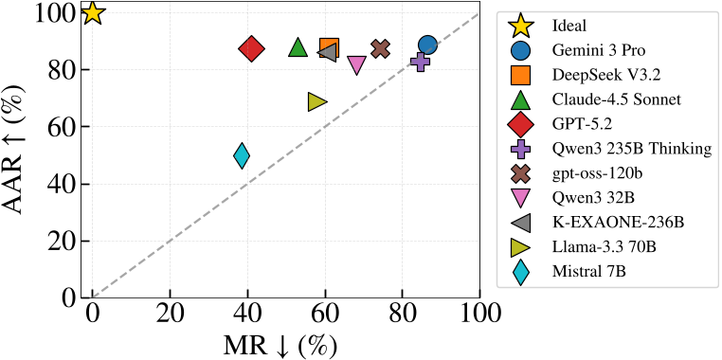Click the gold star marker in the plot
(92, 13)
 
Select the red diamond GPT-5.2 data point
(251, 49)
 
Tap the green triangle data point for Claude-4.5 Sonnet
(298, 47)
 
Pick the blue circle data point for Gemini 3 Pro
(427, 45)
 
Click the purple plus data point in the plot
(420, 62)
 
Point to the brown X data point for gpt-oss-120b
(381, 48)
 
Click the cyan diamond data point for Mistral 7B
(242, 155)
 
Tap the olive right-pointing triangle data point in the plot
(317, 101)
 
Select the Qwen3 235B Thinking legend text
(630, 149)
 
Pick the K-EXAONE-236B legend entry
(617, 223)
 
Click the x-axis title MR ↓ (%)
(280, 343)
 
